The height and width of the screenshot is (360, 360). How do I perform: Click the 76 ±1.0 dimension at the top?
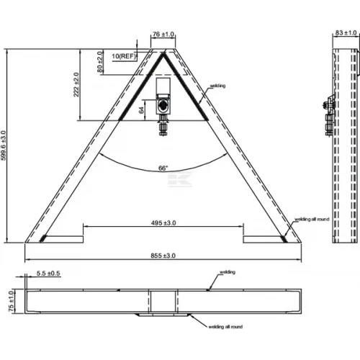[163, 34]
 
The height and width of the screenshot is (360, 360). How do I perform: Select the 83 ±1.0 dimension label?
[346, 32]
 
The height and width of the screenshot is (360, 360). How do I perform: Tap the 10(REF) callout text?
[124, 56]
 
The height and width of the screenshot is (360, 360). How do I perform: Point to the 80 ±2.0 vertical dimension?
[100, 62]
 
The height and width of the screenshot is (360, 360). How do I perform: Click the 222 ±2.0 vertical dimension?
[76, 84]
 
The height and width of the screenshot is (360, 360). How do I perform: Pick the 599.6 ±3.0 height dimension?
[3, 145]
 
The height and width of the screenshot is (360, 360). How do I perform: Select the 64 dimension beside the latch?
[141, 110]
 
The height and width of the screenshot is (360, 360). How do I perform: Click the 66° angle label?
[163, 168]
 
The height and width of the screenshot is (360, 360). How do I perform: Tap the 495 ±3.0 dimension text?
[163, 223]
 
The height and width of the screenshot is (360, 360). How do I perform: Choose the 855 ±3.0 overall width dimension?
[163, 256]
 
